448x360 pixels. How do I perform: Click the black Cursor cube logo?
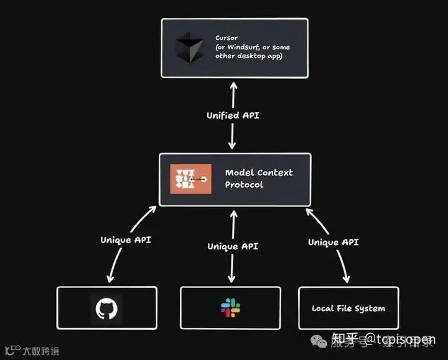click(x=189, y=49)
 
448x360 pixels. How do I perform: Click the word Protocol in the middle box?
click(x=244, y=185)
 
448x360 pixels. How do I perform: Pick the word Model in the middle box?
click(x=238, y=172)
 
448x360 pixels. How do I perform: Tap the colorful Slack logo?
click(x=231, y=307)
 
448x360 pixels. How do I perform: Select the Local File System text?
click(x=348, y=308)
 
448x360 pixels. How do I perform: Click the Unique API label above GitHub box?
click(x=126, y=239)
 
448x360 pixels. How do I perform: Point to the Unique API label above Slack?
click(x=232, y=246)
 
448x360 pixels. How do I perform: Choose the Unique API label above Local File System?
click(x=333, y=242)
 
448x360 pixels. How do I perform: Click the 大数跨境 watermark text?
click(x=41, y=351)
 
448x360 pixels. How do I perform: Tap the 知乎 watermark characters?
click(x=345, y=339)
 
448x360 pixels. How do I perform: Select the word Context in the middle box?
click(x=276, y=172)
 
